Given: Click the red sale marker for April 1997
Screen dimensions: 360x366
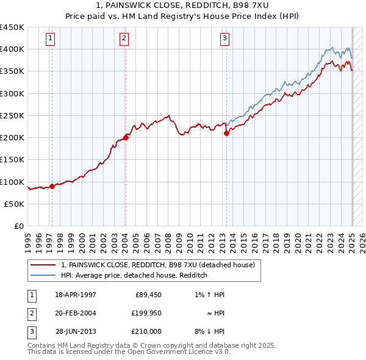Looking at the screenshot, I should [52, 187].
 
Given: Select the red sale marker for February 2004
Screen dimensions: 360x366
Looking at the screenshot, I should [126, 137].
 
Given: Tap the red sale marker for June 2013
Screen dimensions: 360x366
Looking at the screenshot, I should [226, 132].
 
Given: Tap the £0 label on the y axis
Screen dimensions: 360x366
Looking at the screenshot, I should [19, 226].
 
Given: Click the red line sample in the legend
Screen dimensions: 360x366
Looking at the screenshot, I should [43, 265].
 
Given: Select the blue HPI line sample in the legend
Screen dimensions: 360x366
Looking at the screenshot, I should [43, 275].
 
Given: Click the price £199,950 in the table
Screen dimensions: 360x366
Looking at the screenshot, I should [147, 313].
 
